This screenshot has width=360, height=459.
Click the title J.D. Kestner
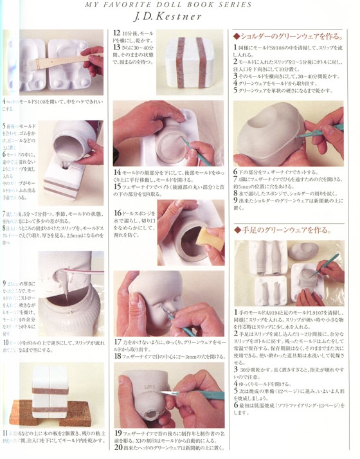[180, 18]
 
